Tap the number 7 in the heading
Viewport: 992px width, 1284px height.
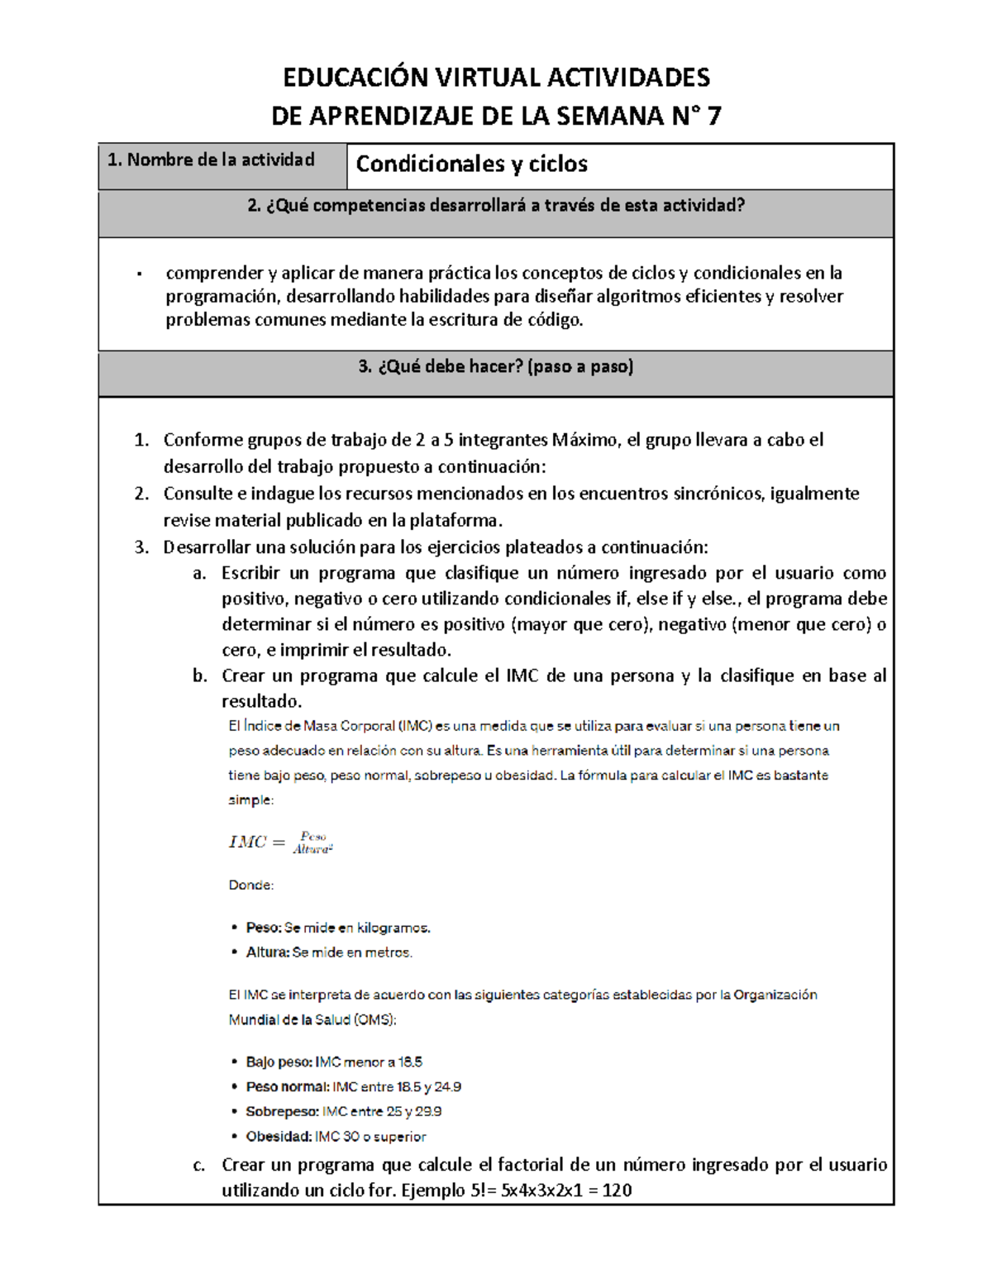click(713, 116)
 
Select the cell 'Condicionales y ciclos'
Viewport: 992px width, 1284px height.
click(471, 165)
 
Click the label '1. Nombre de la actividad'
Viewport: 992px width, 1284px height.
click(211, 160)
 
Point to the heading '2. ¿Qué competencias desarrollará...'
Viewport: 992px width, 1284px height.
click(495, 206)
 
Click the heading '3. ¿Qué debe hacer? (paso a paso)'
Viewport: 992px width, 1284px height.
click(495, 367)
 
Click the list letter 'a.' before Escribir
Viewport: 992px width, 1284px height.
click(199, 573)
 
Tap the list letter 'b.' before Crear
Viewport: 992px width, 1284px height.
click(199, 675)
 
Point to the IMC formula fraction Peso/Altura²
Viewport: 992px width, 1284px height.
click(312, 842)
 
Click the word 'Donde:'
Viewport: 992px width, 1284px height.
click(250, 885)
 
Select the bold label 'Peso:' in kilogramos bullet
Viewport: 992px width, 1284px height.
click(264, 928)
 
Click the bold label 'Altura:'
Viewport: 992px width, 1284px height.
click(268, 952)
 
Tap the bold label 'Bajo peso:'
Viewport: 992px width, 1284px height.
click(279, 1062)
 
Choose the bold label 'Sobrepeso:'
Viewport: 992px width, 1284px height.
click(282, 1111)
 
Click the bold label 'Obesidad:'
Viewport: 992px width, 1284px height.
click(279, 1137)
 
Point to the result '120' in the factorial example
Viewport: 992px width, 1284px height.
click(617, 1191)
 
